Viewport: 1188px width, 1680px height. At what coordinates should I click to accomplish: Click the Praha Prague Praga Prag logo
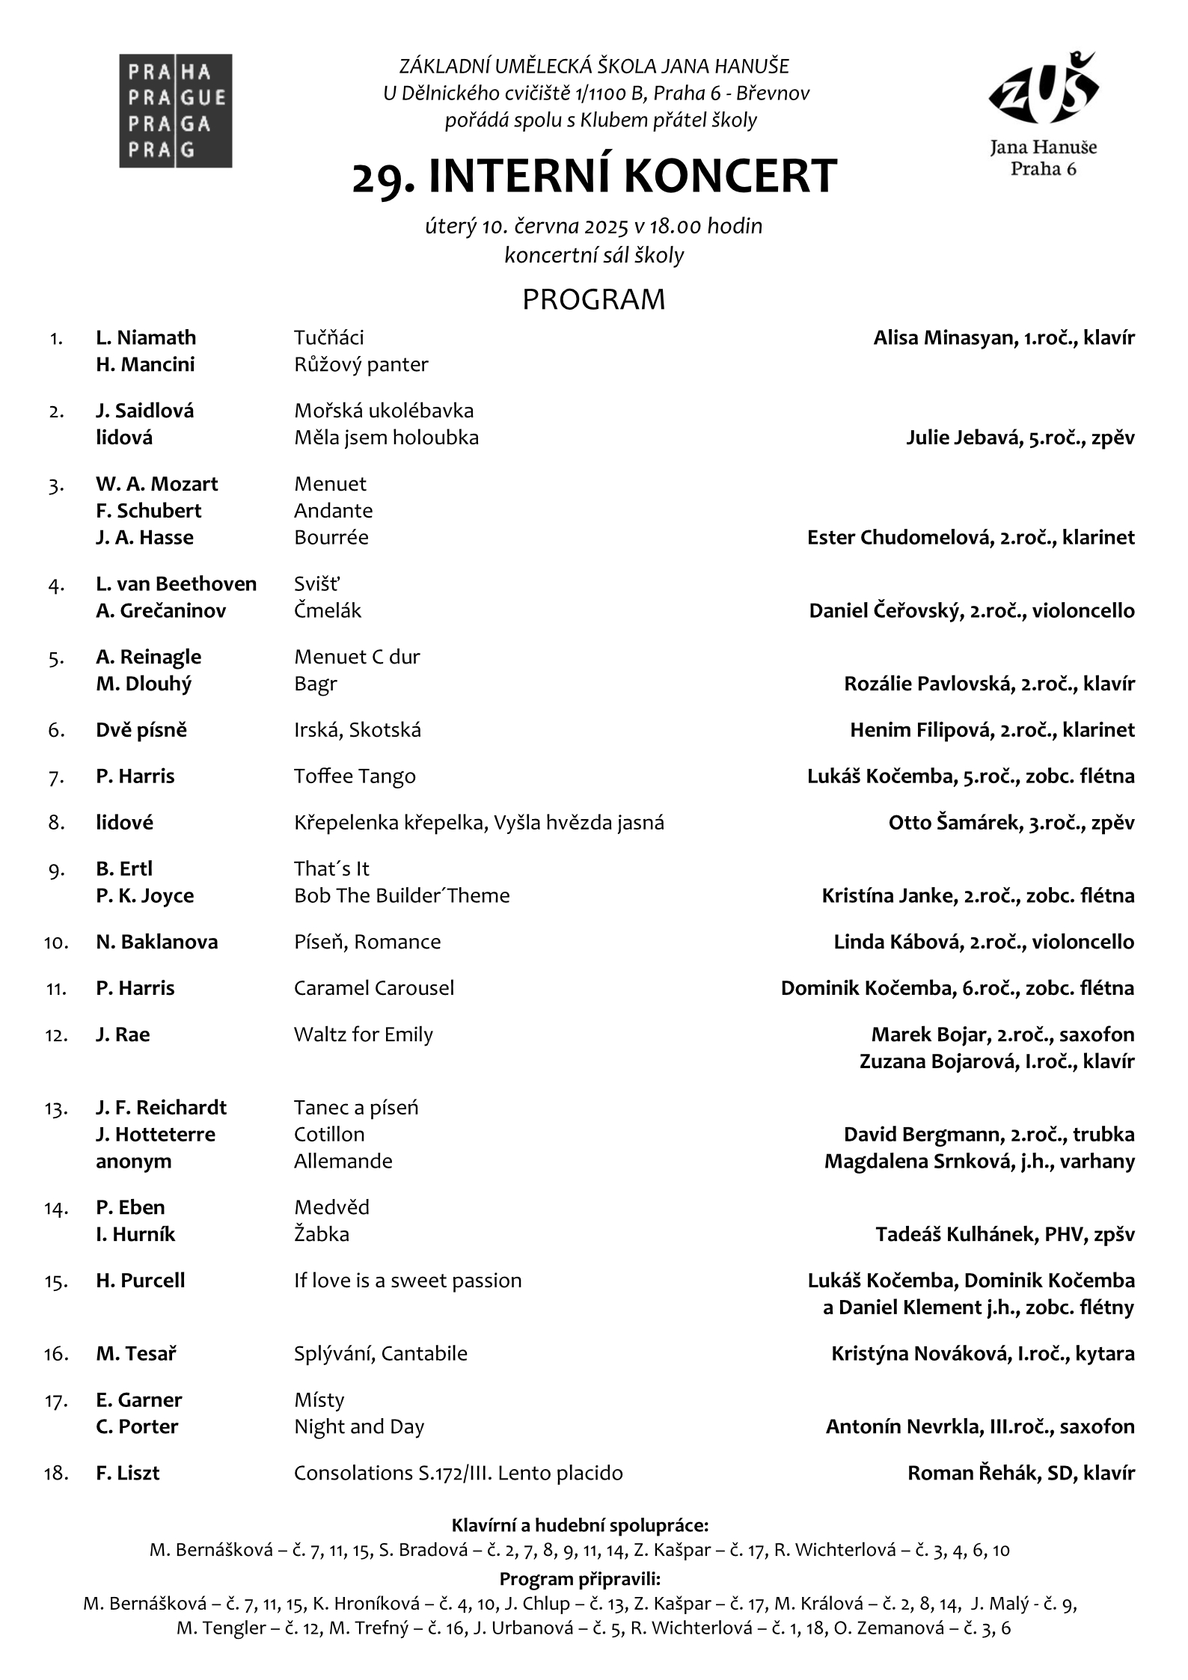175,111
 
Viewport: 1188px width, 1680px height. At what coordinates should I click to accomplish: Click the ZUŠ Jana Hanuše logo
1043,112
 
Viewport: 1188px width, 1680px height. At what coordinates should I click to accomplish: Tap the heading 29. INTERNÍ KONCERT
594,177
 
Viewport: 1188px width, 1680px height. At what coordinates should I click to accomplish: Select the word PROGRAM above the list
593,299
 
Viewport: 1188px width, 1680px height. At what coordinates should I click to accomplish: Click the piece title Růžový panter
361,365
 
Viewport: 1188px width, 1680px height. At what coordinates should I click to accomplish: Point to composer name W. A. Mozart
156,484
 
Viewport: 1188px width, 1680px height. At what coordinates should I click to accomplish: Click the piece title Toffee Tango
355,776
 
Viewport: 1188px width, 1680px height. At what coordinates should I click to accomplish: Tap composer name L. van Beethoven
176,584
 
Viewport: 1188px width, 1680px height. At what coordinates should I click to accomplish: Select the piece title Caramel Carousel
373,988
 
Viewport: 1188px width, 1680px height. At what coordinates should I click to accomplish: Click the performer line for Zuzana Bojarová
996,1061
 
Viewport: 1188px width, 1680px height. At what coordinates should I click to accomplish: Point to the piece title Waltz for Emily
363,1034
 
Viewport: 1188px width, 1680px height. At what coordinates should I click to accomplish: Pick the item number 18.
57,1474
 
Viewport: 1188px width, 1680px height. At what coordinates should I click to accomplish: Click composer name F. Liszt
127,1474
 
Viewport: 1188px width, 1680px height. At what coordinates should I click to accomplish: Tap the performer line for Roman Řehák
1020,1474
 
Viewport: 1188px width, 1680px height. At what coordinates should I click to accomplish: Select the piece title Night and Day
358,1427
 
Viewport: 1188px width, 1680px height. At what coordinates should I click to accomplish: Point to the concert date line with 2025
594,226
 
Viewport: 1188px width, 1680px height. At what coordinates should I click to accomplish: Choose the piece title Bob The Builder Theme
402,896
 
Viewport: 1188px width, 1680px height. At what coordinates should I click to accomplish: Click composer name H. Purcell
140,1281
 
